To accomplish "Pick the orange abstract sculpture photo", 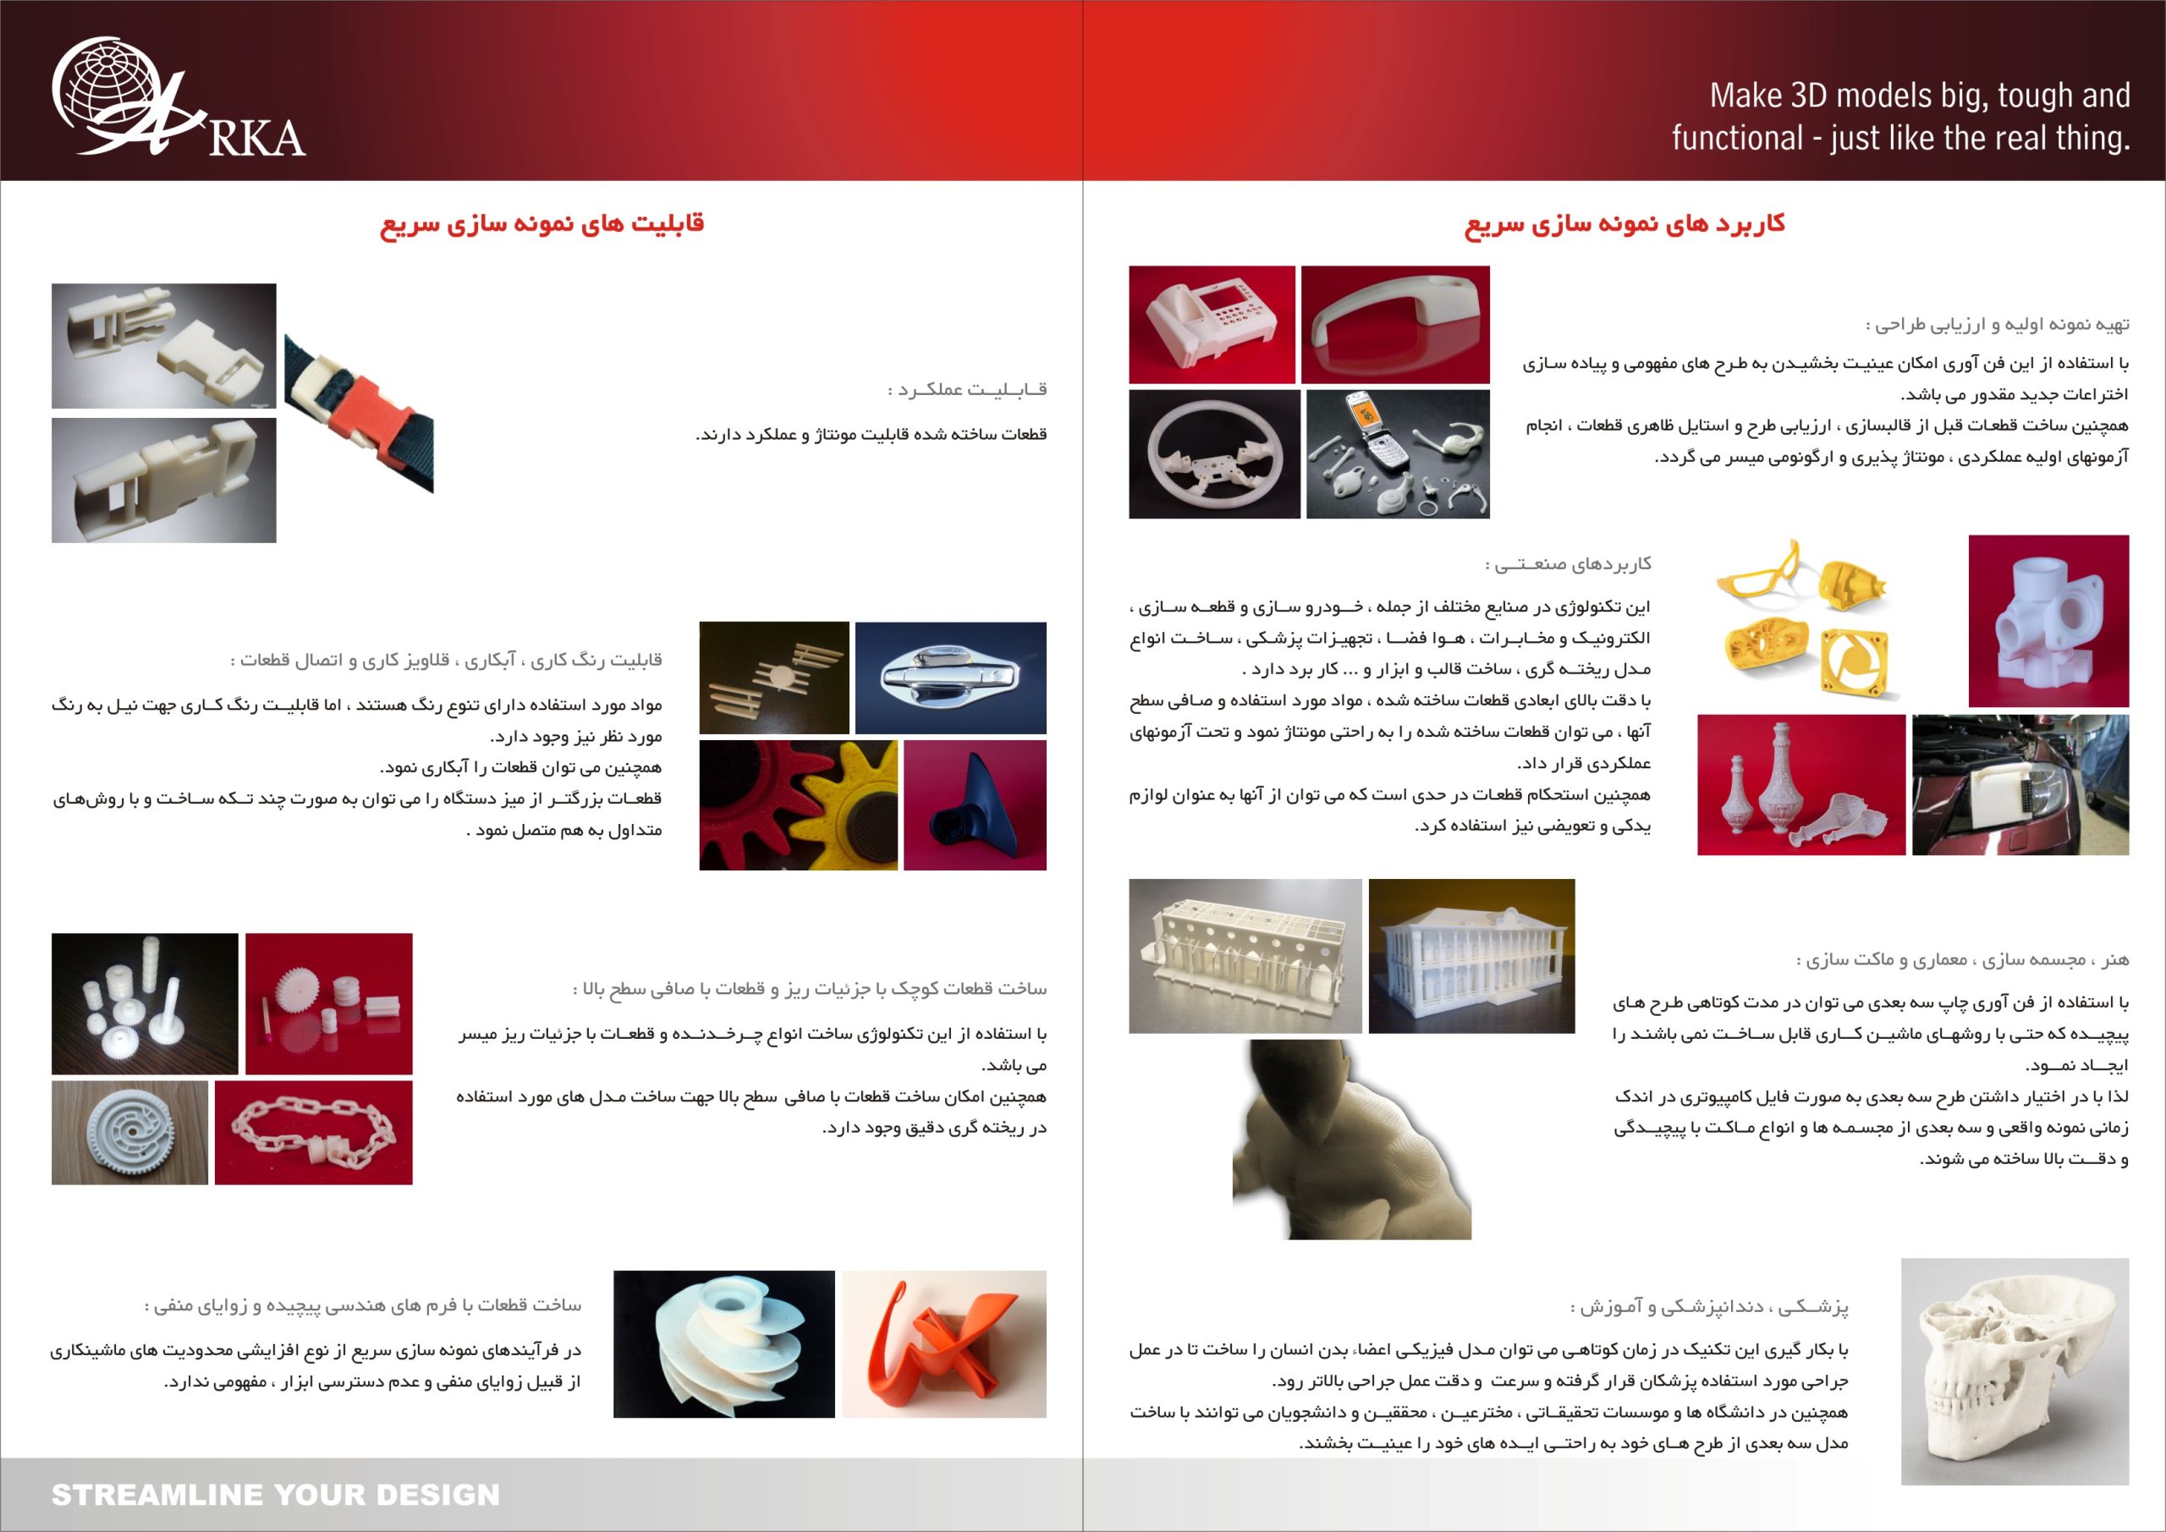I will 943,1343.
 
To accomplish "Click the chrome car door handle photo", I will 949,677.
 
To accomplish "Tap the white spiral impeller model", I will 723,1343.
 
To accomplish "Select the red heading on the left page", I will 541,224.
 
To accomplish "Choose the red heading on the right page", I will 1624,224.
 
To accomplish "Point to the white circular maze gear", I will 129,1133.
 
